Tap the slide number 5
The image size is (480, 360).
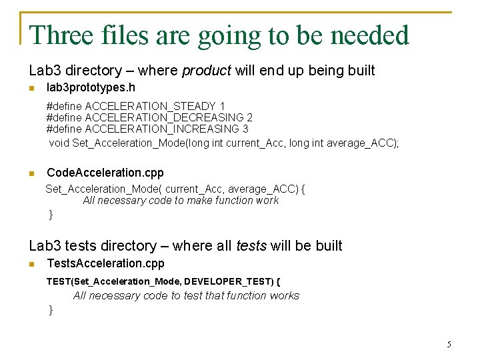[x=449, y=345]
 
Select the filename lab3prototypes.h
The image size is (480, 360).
[x=91, y=87]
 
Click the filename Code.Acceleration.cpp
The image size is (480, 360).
[x=105, y=173]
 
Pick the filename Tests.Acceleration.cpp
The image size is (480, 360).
[x=105, y=263]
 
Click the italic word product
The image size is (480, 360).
[x=206, y=70]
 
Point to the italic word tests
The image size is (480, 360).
[x=251, y=246]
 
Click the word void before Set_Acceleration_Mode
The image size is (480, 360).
[x=59, y=143]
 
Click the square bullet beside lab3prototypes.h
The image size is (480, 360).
[x=31, y=88]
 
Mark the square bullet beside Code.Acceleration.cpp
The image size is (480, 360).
[x=31, y=173]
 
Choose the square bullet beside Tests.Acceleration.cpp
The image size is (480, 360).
[x=31, y=264]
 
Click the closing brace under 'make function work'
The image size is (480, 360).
[x=51, y=214]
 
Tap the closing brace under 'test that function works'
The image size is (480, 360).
[x=51, y=309]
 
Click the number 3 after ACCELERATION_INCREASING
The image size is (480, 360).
[x=245, y=129]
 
